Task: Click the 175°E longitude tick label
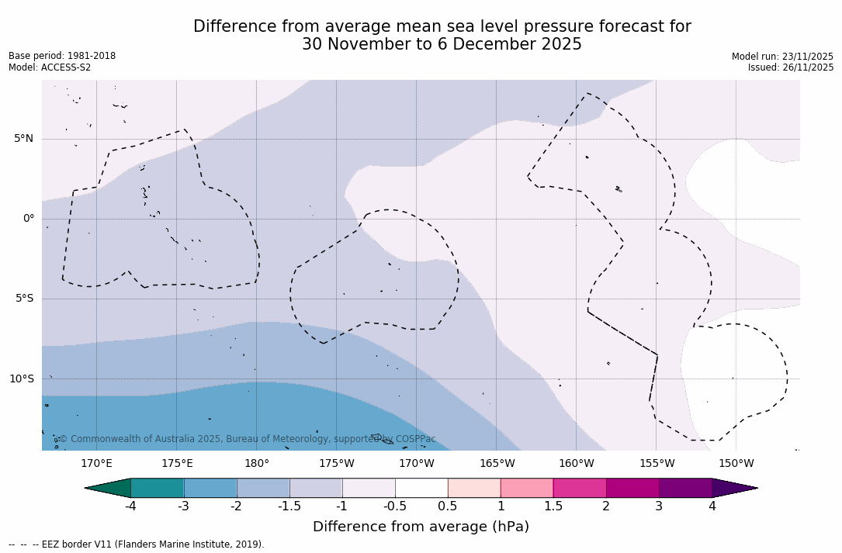point(177,464)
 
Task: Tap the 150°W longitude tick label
point(736,464)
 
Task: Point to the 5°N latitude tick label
point(23,139)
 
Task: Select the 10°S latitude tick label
point(21,379)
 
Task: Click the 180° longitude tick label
point(257,464)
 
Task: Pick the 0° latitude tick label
point(28,219)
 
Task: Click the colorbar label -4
point(130,506)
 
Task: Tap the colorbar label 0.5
point(448,506)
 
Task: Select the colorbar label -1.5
point(289,506)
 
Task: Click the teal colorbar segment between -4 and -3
point(158,488)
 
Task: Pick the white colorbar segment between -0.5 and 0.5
point(421,488)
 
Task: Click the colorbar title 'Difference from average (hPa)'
point(421,527)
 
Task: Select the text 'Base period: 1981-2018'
point(62,56)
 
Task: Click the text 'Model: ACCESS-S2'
point(50,67)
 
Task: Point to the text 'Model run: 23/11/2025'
point(782,57)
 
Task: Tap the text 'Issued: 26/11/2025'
point(791,67)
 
